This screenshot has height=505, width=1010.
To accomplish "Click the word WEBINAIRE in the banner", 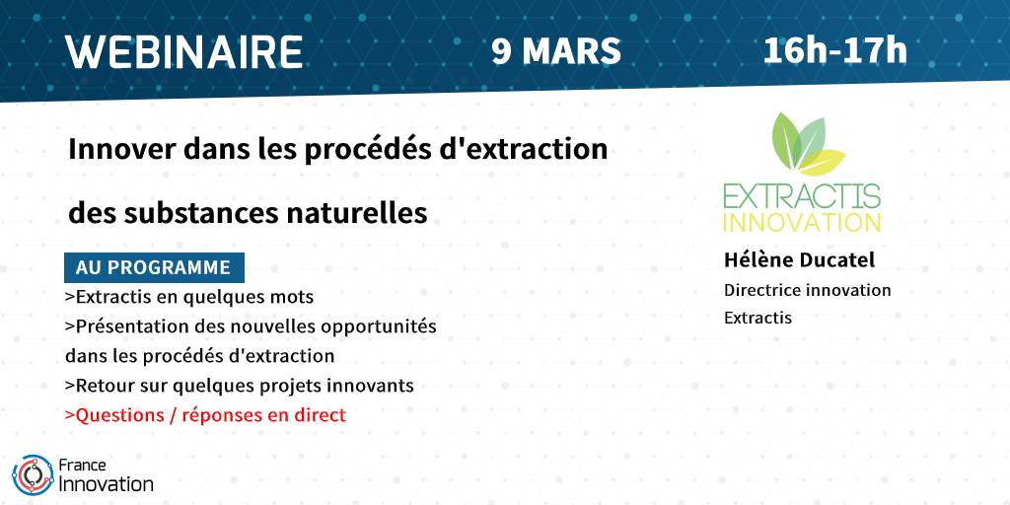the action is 184,52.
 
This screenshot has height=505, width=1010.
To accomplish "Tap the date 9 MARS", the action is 556,51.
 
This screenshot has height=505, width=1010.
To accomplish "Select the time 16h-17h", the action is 834,51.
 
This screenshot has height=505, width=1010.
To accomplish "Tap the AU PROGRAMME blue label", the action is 154,267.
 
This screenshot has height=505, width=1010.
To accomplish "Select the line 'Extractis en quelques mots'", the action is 189,297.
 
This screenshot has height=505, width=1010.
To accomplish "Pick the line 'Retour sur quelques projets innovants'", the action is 239,386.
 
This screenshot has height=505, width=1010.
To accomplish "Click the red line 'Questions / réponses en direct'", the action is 205,415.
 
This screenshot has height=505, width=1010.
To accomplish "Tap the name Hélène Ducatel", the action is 799,260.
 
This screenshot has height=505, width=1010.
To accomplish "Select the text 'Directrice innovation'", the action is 807,290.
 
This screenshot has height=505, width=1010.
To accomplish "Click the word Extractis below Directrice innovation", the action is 757,319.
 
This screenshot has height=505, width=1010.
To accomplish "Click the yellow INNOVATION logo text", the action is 802,222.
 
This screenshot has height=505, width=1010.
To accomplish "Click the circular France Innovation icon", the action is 33,475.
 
